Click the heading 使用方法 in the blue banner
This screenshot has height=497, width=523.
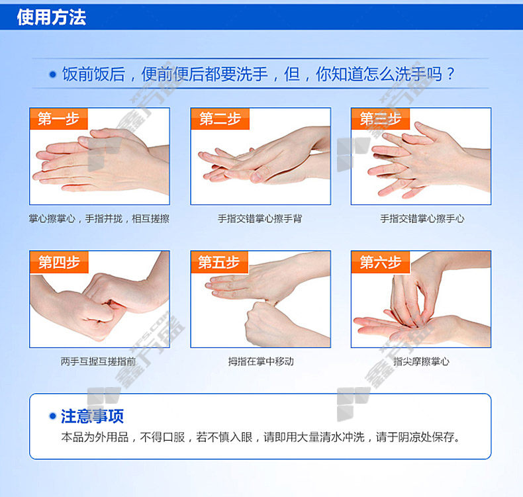coord(52,17)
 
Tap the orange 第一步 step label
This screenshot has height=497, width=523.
coord(59,118)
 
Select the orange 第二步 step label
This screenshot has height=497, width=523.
coord(220,118)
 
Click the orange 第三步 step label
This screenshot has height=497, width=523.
coord(381,118)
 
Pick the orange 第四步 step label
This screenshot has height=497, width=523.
coord(59,262)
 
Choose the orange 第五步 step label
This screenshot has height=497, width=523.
coord(220,262)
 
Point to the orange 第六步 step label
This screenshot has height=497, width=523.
coord(381,262)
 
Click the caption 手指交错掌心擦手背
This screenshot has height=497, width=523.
coord(260,218)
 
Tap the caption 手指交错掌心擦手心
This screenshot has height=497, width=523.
coord(422,218)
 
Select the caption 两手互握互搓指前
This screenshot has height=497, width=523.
coord(99,361)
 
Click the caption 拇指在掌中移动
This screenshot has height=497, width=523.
coord(261,361)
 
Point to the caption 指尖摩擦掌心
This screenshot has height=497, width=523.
coord(421,361)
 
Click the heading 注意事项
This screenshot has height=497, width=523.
coord(93,416)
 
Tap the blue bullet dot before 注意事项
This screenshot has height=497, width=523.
coord(52,416)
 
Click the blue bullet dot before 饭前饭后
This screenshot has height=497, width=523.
coord(52,74)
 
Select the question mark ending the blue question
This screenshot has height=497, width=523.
coord(451,73)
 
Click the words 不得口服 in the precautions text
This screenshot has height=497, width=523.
coord(162,437)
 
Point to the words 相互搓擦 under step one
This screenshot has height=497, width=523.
coord(151,218)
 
